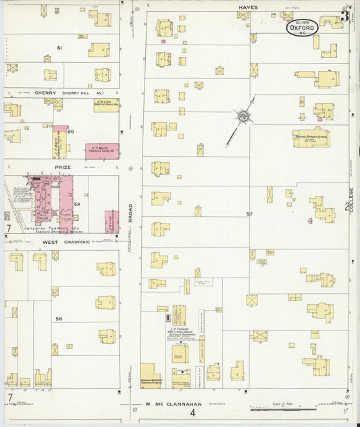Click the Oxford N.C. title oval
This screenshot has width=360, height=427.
[303, 28]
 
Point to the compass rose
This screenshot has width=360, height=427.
[241, 117]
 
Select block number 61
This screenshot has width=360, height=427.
[59, 48]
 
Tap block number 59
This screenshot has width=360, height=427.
[77, 204]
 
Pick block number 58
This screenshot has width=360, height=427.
[59, 318]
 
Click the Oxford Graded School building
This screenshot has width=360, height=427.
[311, 138]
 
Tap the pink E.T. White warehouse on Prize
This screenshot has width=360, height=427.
[102, 151]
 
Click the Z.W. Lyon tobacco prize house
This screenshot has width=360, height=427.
[106, 105]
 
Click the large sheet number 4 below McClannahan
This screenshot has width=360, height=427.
[192, 412]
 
